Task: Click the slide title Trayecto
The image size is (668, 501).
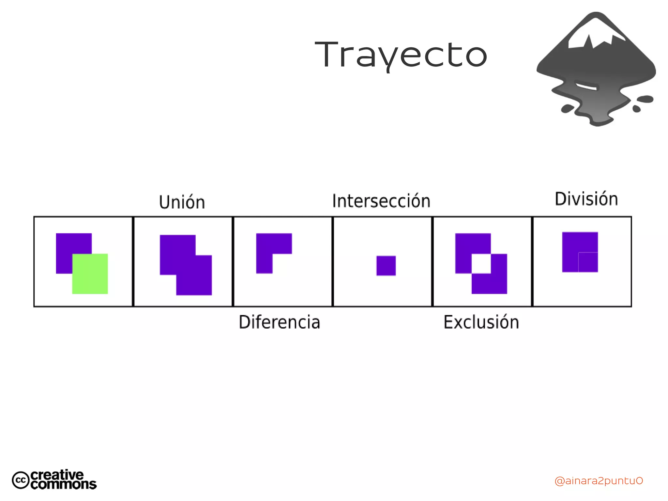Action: (401, 55)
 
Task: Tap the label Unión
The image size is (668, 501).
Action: (182, 202)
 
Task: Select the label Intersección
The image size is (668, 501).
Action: (381, 201)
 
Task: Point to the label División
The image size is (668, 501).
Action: (586, 199)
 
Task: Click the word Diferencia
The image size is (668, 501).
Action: (280, 322)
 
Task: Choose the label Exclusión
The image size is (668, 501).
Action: (481, 322)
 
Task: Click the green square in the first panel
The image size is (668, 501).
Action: (90, 274)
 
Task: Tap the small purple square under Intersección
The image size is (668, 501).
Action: (386, 266)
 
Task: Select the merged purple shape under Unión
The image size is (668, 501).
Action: (186, 265)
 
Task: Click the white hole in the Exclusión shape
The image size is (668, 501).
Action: (481, 264)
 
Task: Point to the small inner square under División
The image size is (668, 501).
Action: (588, 262)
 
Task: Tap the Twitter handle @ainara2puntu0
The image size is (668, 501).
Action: (599, 481)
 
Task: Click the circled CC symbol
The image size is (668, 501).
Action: (21, 480)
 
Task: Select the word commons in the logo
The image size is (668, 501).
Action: (64, 484)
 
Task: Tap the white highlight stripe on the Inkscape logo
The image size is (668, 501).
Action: (586, 86)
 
